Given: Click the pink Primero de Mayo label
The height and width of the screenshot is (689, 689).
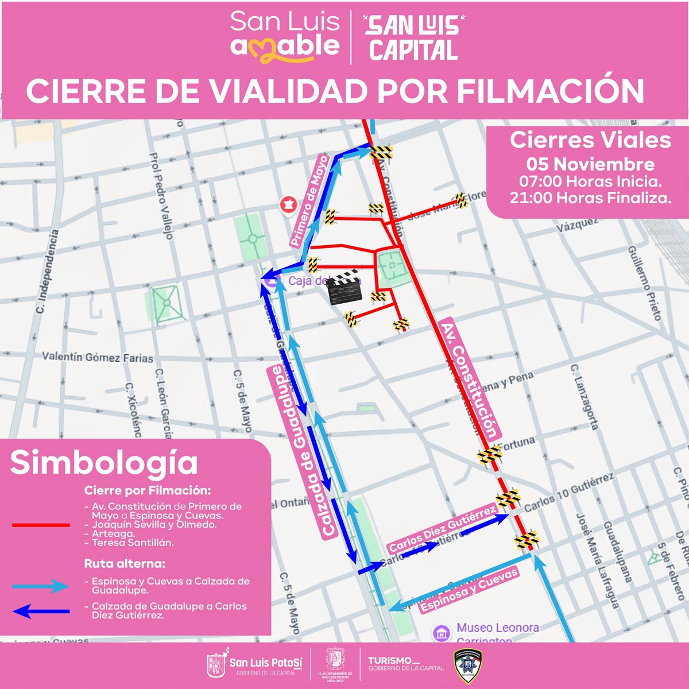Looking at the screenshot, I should (308, 201).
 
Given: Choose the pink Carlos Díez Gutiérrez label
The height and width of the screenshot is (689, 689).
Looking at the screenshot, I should (442, 529).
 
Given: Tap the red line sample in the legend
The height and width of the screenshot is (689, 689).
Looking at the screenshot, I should (41, 525).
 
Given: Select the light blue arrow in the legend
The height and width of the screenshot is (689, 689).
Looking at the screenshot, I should (41, 586).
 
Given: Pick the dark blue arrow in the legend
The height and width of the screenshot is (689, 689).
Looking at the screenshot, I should (41, 611).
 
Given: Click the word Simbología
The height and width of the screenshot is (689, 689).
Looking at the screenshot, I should (104, 463).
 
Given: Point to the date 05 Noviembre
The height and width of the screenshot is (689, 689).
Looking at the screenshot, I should (590, 164).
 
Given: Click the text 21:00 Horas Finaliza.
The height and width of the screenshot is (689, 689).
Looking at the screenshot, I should (590, 198).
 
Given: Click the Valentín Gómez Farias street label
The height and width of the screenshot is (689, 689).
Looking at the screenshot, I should (98, 357).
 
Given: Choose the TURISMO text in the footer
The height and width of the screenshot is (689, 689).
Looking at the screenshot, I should (390, 661).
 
